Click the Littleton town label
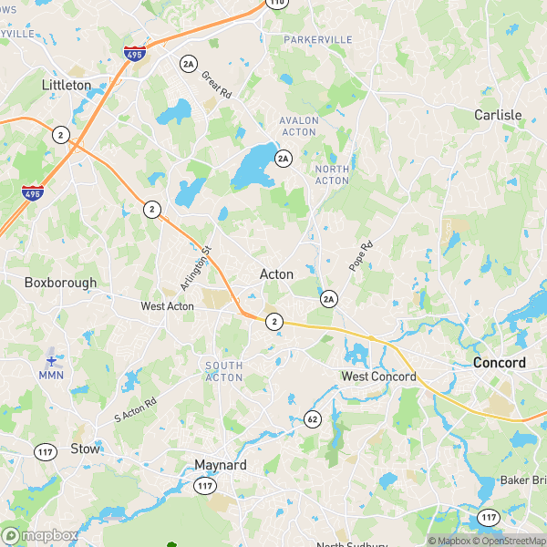(x=67, y=85)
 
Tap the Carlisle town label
(x=498, y=115)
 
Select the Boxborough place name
(x=60, y=283)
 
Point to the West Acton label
(x=167, y=306)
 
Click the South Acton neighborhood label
(x=223, y=371)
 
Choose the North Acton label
(x=332, y=174)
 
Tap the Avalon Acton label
(x=299, y=126)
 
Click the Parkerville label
(x=317, y=40)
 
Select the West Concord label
(x=378, y=377)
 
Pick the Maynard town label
(x=221, y=465)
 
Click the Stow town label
(x=85, y=449)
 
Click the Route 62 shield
(x=313, y=419)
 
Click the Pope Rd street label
(x=361, y=256)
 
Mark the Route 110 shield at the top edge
(x=277, y=3)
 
